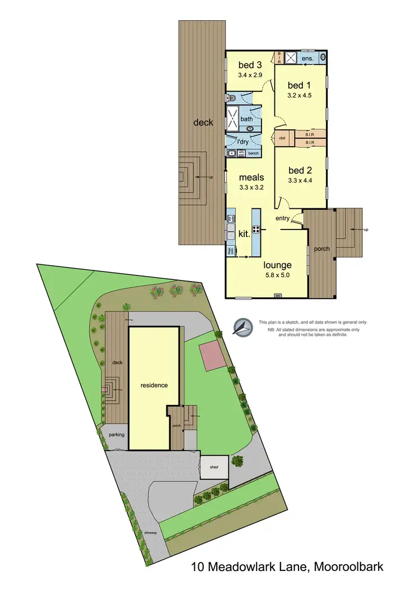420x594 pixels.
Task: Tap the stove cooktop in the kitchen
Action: pos(257,228)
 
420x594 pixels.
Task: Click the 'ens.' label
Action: pos(307,58)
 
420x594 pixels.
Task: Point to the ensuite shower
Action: pos(291,58)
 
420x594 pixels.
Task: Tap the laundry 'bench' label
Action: pos(254,153)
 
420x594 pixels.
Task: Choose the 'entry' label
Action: pos(283,218)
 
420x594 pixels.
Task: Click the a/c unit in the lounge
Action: pos(277,296)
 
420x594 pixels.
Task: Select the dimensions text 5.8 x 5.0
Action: pos(279,275)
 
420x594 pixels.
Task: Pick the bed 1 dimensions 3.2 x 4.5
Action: pos(300,95)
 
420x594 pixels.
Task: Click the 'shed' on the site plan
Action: pos(214,466)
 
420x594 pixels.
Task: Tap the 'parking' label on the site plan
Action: pos(117,434)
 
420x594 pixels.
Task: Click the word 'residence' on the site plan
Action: pos(154,385)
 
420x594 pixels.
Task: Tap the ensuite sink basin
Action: pos(324,57)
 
